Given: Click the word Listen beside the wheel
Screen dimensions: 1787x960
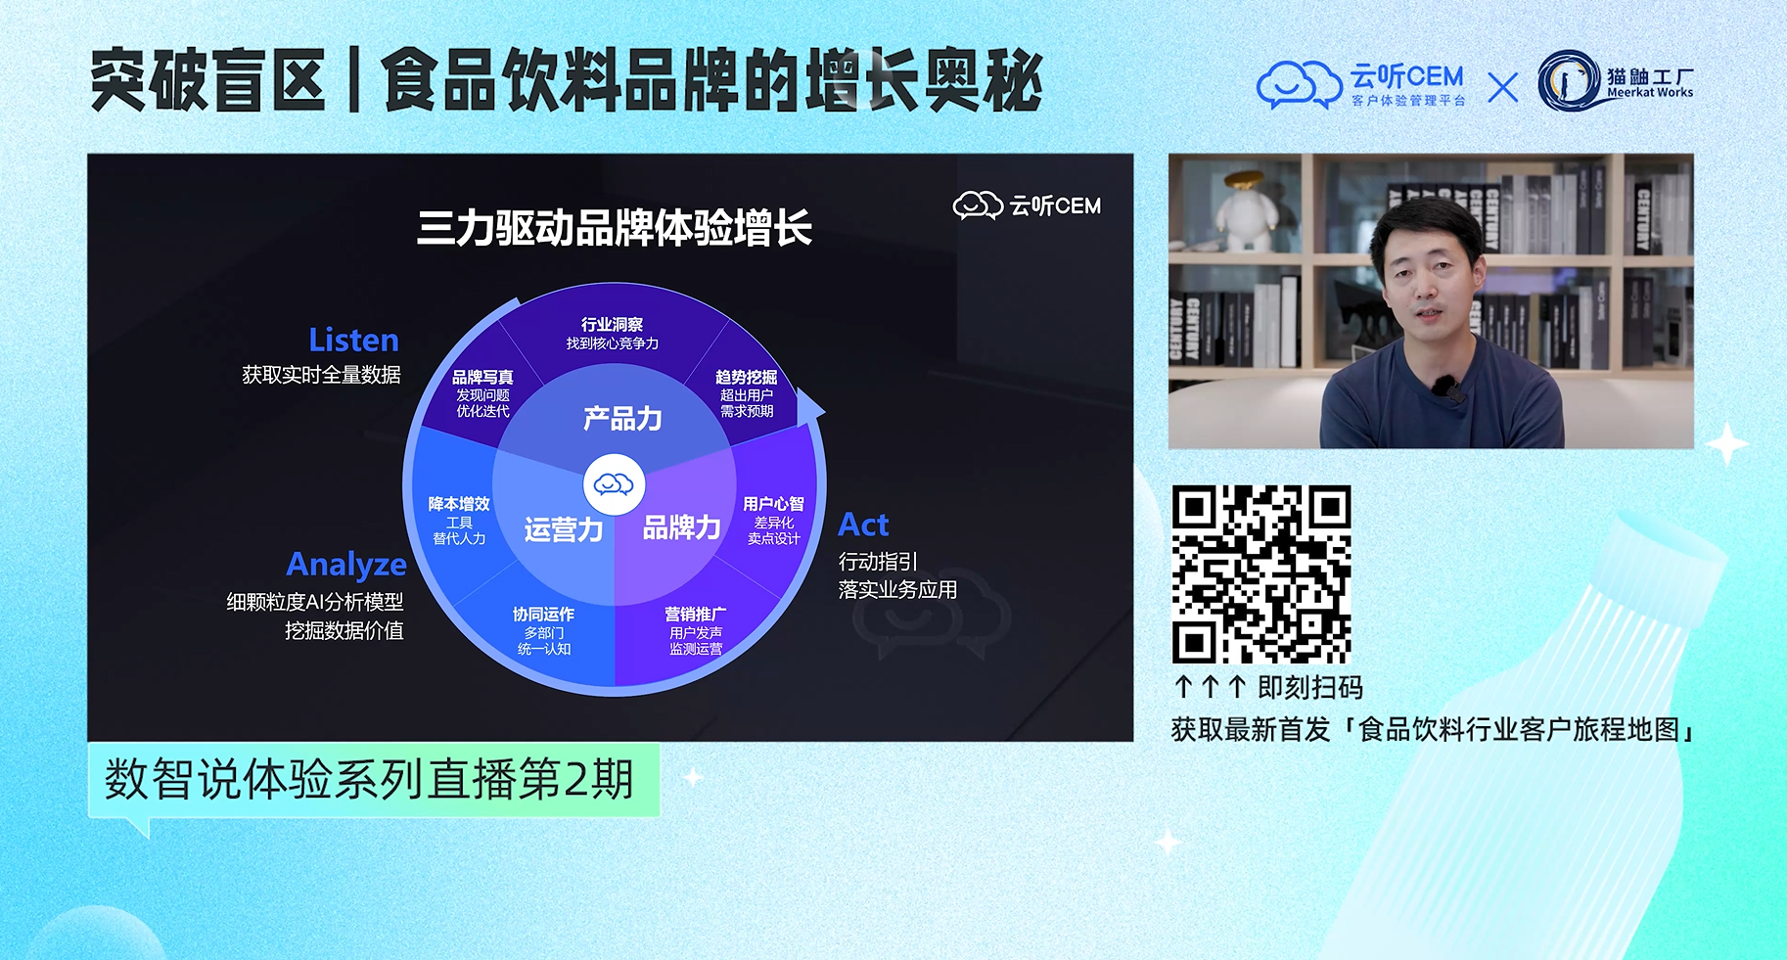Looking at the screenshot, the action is click(x=353, y=340).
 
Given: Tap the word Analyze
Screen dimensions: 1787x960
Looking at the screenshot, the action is click(x=346, y=565).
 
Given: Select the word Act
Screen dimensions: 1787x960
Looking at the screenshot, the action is click(x=863, y=525).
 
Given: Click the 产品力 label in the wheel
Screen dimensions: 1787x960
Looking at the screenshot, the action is click(x=622, y=419).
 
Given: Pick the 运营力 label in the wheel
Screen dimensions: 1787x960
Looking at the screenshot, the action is click(x=563, y=529).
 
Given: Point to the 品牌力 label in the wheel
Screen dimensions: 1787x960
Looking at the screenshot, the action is click(x=681, y=527).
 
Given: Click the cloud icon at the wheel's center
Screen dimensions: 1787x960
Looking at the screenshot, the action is click(x=614, y=484).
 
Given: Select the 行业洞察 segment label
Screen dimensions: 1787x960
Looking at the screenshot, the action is click(x=612, y=324).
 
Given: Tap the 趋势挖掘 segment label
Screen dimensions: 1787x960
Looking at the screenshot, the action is click(x=746, y=377).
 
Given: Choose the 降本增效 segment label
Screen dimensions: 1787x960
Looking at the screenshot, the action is click(x=459, y=504).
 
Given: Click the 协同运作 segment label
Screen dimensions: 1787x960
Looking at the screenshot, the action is click(x=543, y=615).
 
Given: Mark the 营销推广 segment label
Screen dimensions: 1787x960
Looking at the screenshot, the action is click(x=695, y=615).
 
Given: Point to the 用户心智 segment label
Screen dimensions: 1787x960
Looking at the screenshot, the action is click(x=773, y=504).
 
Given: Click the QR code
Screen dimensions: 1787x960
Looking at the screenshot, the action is click(x=1261, y=574).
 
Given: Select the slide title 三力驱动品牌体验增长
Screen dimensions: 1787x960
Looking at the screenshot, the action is click(x=615, y=228).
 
